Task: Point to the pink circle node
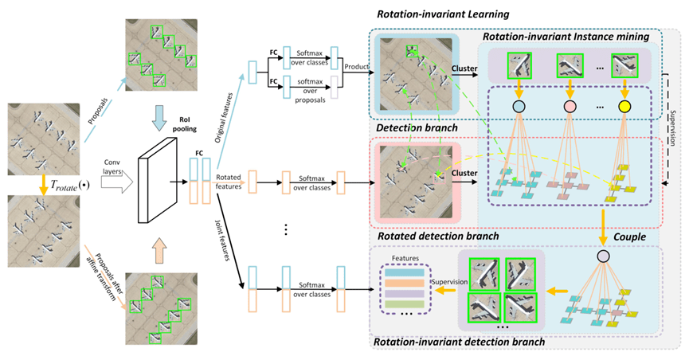point(570,106)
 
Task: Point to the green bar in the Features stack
point(405,303)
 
